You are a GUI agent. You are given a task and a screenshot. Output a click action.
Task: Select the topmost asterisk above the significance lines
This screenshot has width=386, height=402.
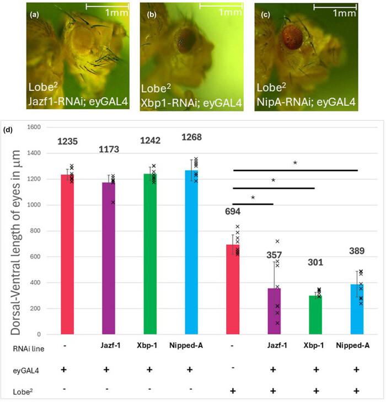296,163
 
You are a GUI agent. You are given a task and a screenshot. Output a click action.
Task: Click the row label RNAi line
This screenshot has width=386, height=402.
27,349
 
